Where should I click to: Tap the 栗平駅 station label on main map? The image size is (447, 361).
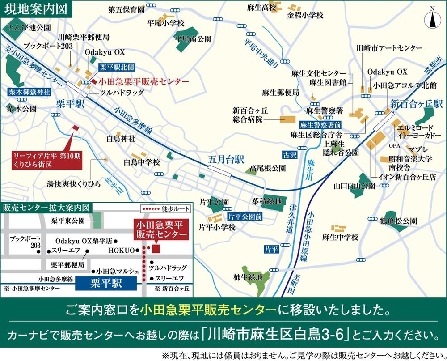[x=71, y=104]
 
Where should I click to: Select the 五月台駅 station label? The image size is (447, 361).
[x=226, y=159]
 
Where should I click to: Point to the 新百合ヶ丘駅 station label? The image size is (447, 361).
[x=416, y=104]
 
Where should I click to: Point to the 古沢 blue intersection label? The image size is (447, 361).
[x=289, y=155]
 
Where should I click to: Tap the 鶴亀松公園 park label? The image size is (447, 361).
[x=399, y=221]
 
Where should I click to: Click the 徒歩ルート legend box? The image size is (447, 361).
[x=165, y=209]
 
